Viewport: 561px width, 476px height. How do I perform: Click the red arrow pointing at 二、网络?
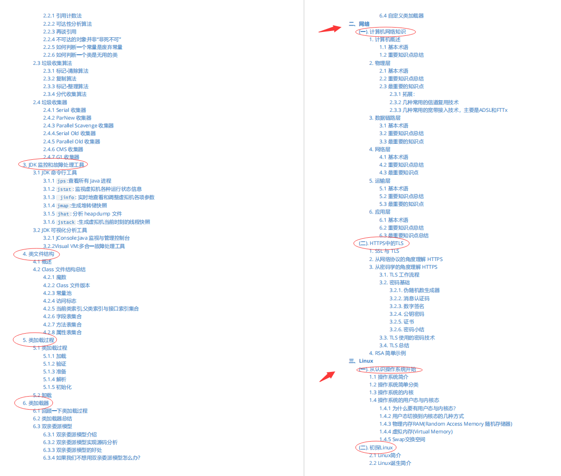click(x=330, y=28)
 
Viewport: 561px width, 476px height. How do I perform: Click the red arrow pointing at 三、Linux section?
click(x=327, y=376)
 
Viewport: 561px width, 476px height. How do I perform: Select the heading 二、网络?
click(x=359, y=24)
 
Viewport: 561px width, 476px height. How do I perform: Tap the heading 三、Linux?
click(x=361, y=361)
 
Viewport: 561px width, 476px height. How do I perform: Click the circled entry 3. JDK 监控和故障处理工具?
click(x=53, y=165)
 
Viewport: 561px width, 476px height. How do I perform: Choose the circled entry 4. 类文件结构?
click(x=38, y=254)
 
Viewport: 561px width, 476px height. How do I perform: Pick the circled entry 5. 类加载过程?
click(x=38, y=340)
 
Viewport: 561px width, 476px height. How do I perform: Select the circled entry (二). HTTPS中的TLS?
click(x=381, y=243)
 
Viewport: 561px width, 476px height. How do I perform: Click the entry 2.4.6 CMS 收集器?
click(x=63, y=149)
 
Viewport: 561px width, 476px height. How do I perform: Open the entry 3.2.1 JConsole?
click(x=86, y=238)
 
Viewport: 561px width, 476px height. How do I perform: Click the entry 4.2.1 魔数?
click(x=54, y=277)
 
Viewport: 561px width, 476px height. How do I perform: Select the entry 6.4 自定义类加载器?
click(x=401, y=15)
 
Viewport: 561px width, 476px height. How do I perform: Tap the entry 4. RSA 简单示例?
click(x=387, y=353)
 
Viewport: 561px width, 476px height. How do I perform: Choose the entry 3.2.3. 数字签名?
click(x=407, y=306)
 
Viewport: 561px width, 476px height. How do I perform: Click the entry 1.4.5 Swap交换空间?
click(x=402, y=439)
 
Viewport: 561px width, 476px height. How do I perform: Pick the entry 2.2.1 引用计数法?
click(x=62, y=15)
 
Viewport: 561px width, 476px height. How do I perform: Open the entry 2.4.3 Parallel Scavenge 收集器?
click(x=78, y=125)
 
